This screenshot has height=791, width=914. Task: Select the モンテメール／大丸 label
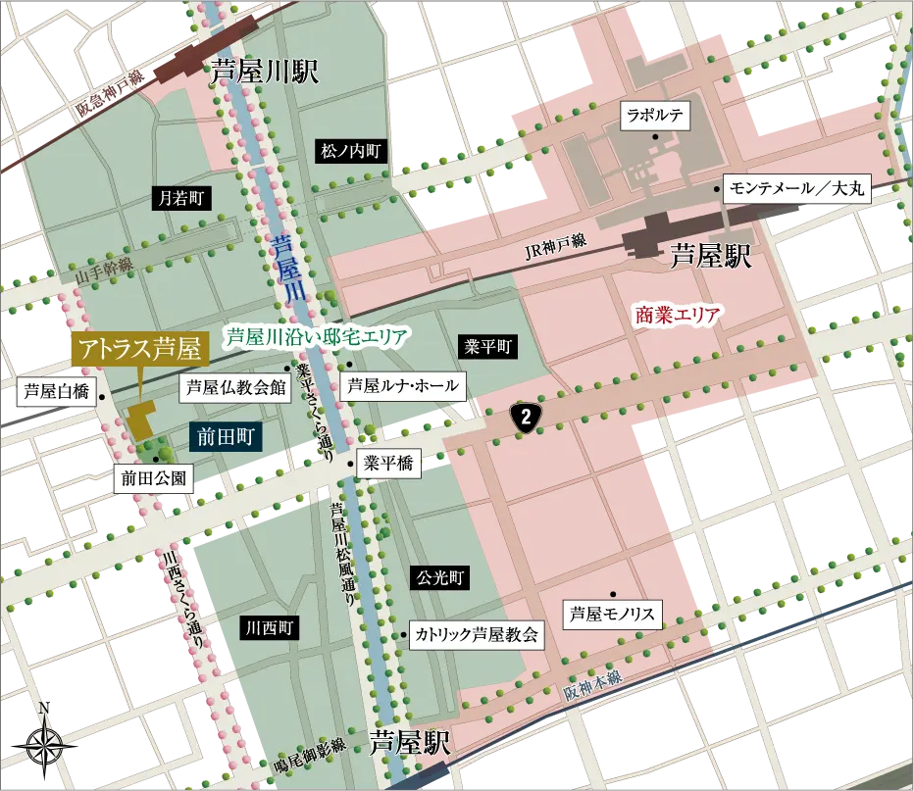pyautogui.click(x=795, y=189)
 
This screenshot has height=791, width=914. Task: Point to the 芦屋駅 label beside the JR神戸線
pyautogui.click(x=711, y=258)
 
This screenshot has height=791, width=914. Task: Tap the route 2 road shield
pyautogui.click(x=527, y=417)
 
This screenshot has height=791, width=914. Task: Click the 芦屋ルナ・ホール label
pyautogui.click(x=402, y=385)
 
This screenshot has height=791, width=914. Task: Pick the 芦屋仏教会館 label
pyautogui.click(x=235, y=386)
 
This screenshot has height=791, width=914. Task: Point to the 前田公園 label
pyautogui.click(x=152, y=479)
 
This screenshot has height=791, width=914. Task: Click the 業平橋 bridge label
pyautogui.click(x=388, y=464)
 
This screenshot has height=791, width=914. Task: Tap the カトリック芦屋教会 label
pyautogui.click(x=476, y=634)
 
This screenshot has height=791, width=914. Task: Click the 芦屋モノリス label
pyautogui.click(x=613, y=616)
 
